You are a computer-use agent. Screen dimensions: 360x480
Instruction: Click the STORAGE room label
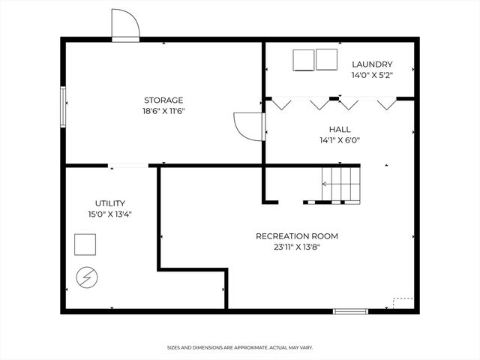[x=163, y=100]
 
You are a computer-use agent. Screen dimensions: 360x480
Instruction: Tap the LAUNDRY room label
[x=372, y=64]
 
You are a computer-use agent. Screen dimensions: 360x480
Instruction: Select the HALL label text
[x=340, y=129]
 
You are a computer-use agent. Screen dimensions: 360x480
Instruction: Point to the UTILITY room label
[x=109, y=203]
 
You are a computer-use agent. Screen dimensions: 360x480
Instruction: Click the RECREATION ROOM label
[x=297, y=235]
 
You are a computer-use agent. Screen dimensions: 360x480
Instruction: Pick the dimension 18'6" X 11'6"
[x=163, y=111]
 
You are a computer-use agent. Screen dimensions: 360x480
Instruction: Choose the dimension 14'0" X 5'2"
[x=372, y=75]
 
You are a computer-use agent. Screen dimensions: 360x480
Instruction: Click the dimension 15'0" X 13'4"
[x=109, y=214]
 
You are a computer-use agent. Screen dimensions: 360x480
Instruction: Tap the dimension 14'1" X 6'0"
[x=340, y=139]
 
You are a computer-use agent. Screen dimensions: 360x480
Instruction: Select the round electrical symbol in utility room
[x=86, y=278]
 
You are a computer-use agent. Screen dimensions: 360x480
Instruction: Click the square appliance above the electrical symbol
[x=85, y=244]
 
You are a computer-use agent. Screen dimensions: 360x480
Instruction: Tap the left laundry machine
[x=303, y=59]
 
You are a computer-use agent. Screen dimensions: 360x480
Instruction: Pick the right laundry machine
[x=327, y=59]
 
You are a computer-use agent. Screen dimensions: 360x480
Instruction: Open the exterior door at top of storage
[x=125, y=27]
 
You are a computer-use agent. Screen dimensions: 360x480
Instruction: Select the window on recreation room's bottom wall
[x=350, y=310]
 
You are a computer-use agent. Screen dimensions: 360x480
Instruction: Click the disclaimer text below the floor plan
[x=240, y=347]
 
